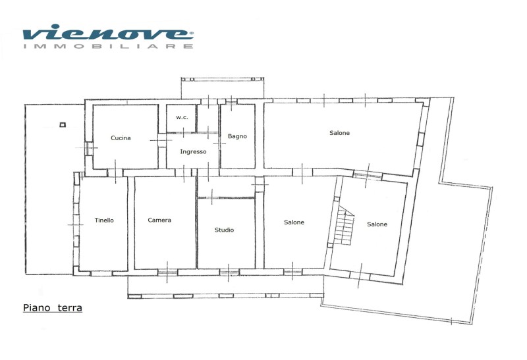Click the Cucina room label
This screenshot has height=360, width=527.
[x=121, y=138]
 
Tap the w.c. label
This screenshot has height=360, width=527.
[x=182, y=117]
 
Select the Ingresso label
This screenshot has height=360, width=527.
[x=193, y=152]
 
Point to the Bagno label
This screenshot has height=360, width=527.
[x=237, y=136]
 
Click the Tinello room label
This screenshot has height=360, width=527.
[x=104, y=220]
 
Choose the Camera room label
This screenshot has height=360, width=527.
[x=159, y=220]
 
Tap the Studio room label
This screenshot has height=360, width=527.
[x=224, y=230]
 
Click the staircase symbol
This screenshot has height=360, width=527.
[x=343, y=225]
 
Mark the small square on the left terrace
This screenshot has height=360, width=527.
[x=63, y=125]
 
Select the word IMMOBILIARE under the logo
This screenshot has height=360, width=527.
[x=108, y=46]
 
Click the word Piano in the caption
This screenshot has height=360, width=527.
[x=37, y=308]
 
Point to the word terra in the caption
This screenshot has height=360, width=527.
[x=70, y=308]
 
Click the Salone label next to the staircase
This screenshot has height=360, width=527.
[x=377, y=224]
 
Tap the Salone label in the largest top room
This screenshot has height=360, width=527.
[x=339, y=133]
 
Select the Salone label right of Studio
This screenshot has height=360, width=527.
[x=294, y=222]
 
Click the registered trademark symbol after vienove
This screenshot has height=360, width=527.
[x=192, y=34]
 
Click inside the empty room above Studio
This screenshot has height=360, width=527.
[x=226, y=186]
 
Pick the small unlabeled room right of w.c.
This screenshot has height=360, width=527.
[x=208, y=118]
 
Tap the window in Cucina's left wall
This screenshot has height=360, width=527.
[x=88, y=148]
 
